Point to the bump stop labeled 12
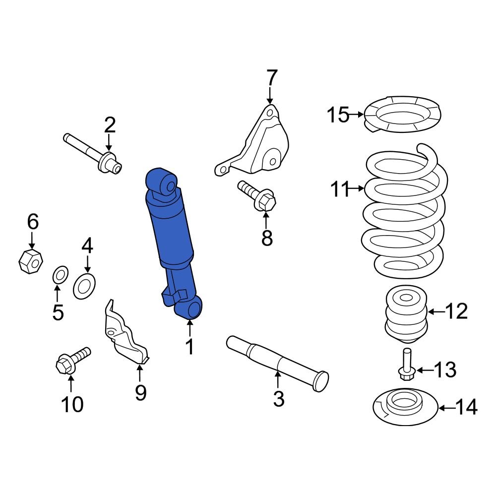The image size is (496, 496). point(406,315)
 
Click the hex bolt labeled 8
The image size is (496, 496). point(258,197)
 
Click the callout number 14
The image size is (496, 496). point(466,408)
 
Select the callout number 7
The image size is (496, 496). point(272,78)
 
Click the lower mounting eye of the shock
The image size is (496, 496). point(190,308)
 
